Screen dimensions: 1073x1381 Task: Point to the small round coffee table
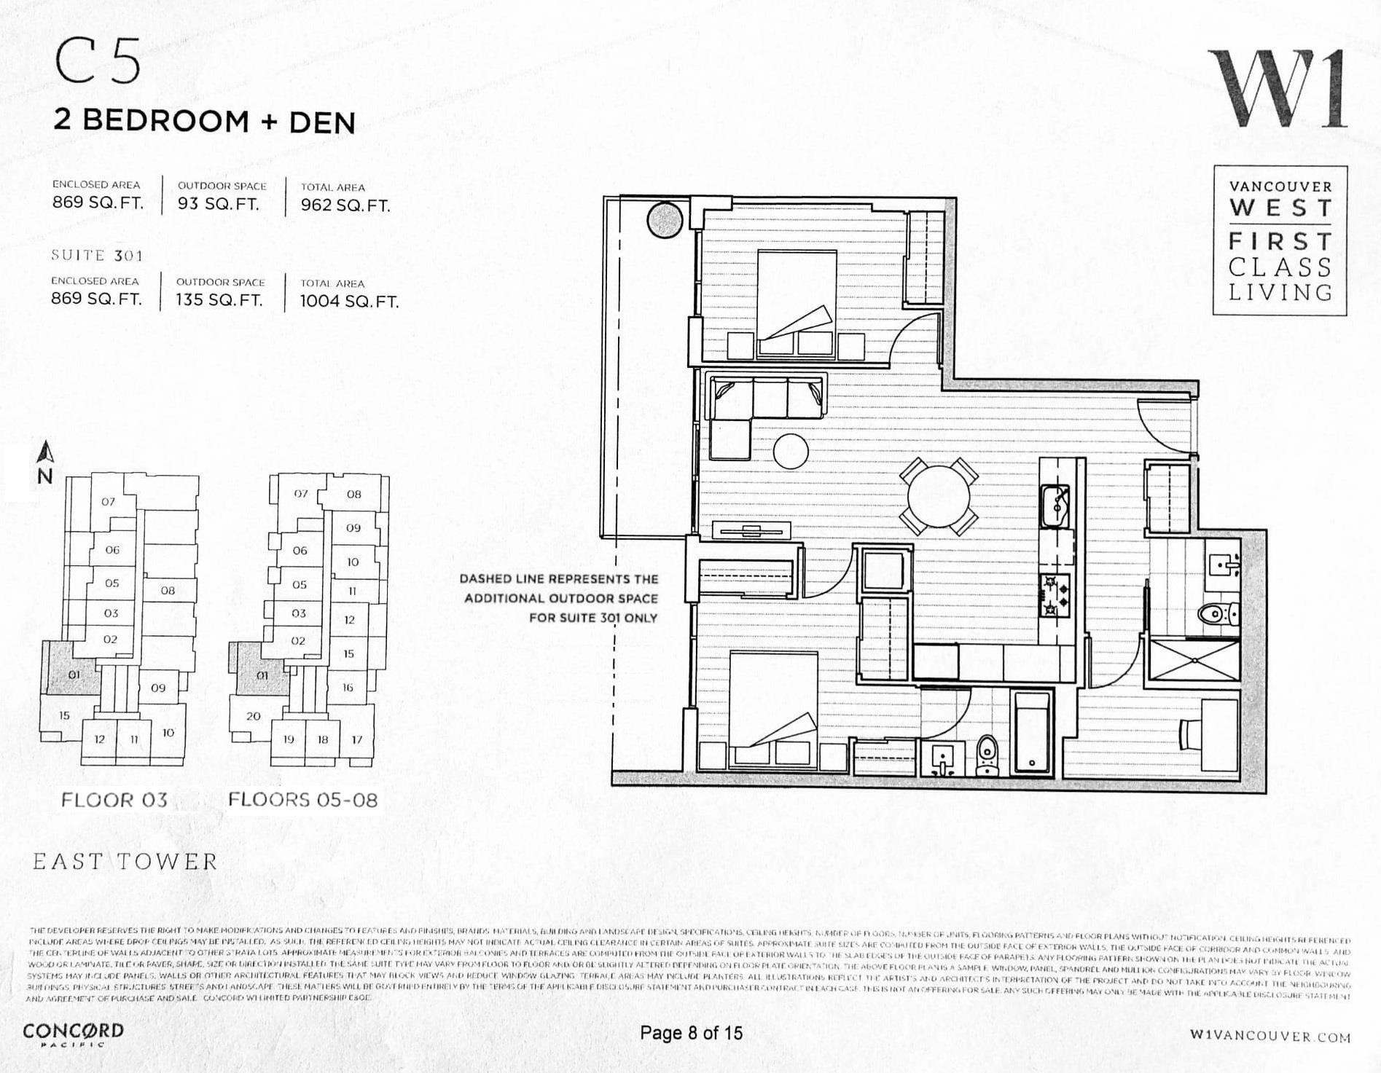click(x=790, y=451)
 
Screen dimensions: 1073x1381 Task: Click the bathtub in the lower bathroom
click(x=1031, y=732)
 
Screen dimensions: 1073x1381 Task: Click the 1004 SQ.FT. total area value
click(x=349, y=302)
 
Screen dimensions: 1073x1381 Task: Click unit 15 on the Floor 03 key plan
click(x=64, y=715)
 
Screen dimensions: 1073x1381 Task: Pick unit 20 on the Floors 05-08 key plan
click(x=253, y=715)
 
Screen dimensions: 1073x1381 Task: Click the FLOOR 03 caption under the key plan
click(x=114, y=800)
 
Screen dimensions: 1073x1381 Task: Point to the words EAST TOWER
click(x=125, y=862)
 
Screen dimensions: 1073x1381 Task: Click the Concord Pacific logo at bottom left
click(x=73, y=1034)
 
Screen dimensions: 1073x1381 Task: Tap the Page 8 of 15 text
click(x=691, y=1033)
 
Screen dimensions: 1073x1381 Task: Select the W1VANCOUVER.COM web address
click(x=1269, y=1036)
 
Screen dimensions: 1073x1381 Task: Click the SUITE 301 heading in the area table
click(x=97, y=255)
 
